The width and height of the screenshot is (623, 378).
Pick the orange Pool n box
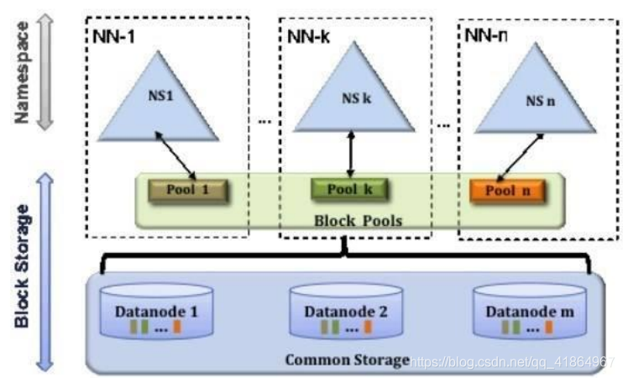click(507, 191)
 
